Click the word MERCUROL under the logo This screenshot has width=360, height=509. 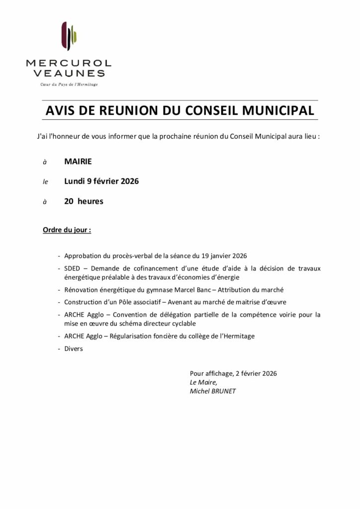[69, 64]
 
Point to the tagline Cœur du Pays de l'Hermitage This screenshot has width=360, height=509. [69, 85]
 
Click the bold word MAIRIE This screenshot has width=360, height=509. [78, 162]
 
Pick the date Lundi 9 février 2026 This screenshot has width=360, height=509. [101, 181]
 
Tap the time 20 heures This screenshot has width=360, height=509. [84, 201]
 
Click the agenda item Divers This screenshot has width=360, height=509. [74, 349]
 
